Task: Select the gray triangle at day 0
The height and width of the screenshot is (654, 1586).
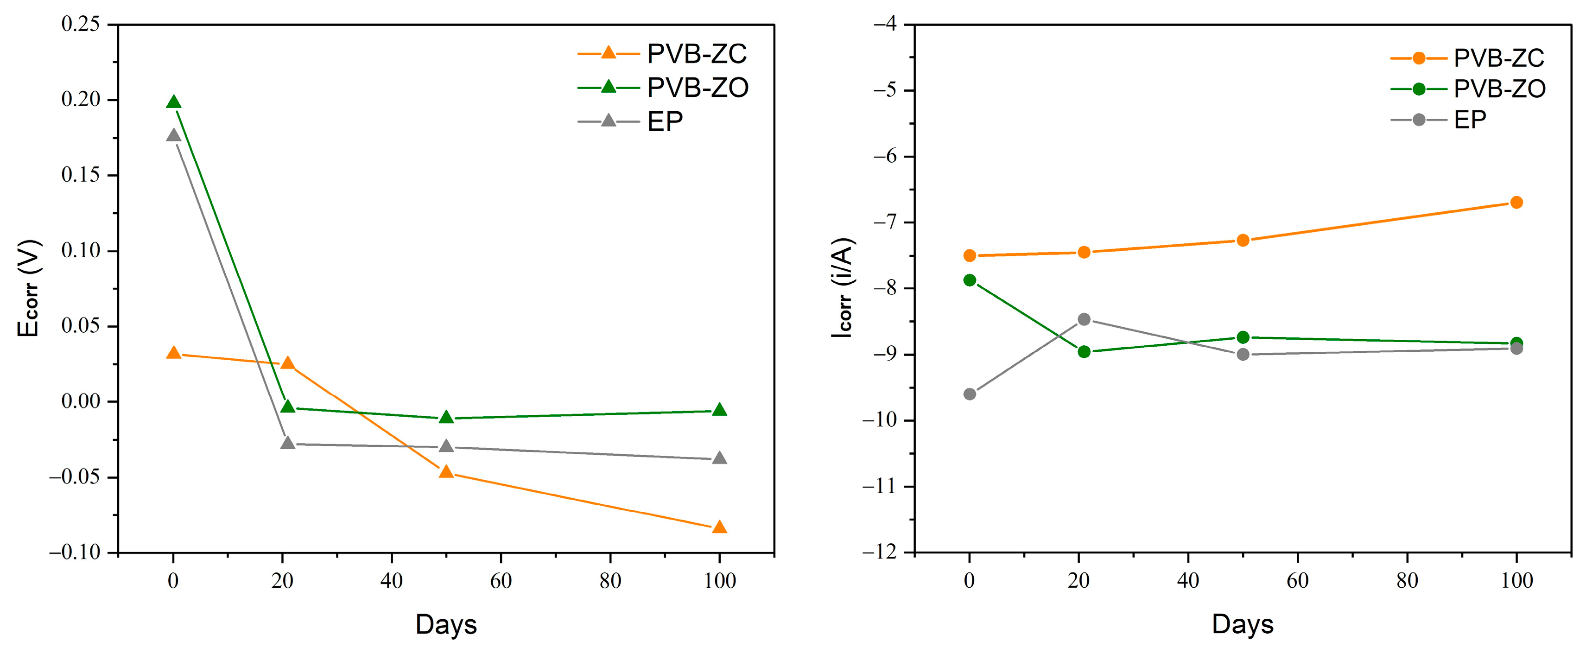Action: [174, 135]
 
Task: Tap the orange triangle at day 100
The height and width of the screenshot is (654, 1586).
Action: [719, 527]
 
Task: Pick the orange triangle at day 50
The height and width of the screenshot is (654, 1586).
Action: [446, 472]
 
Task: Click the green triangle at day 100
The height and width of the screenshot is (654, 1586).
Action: [719, 410]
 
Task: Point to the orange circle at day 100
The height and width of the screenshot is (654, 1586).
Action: [1516, 203]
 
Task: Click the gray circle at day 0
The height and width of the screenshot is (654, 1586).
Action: [970, 394]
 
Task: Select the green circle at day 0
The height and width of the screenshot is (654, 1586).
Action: [970, 280]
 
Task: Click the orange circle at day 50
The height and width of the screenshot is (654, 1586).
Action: [1243, 240]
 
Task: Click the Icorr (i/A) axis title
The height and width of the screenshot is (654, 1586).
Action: [842, 287]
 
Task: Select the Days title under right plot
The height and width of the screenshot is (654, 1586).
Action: [1243, 624]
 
